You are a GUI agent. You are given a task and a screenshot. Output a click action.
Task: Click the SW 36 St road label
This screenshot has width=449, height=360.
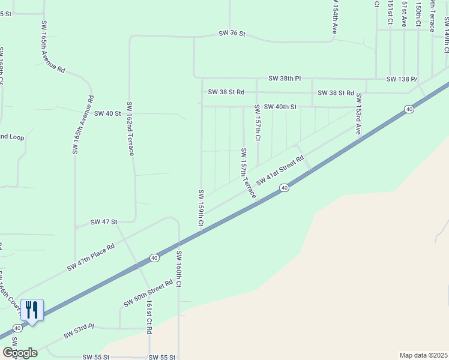coord(232,34)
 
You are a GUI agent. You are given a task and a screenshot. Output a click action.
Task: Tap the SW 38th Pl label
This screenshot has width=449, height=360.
coord(285,79)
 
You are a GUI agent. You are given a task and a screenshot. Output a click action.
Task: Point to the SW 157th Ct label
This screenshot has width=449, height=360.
coord(257,122)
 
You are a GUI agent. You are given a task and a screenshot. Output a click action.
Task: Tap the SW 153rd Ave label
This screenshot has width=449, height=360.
coord(358,114)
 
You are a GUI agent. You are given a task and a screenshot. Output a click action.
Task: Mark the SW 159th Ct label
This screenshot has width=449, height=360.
coord(201,208)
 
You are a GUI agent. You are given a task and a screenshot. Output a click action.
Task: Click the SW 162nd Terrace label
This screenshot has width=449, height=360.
coord(129,128)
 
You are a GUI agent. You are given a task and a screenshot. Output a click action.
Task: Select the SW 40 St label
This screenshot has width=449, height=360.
coord(108,113)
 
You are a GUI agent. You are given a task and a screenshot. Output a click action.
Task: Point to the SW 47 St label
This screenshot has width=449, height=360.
coord(104,222)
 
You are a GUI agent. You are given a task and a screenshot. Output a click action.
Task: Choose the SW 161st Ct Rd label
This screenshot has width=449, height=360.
coord(148,318)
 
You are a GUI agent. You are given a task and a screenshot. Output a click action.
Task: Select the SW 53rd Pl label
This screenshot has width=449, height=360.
coord(79,333)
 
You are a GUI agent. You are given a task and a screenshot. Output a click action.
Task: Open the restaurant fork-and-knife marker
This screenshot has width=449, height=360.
coord(32,310)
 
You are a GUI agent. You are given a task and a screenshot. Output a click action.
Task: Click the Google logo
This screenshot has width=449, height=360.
coord(20,353)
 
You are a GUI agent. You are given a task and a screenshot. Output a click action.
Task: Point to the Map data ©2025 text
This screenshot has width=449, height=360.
coord(423,355)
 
